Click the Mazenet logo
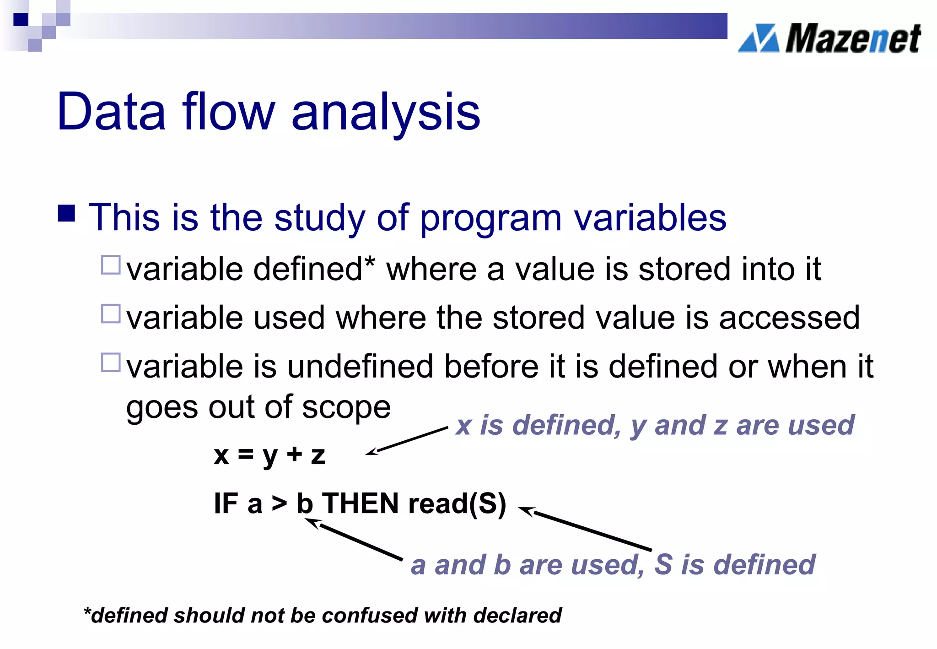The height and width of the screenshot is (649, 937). pos(829,38)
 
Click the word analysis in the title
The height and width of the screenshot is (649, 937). pos(385,112)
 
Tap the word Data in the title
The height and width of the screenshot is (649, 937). pos(111,112)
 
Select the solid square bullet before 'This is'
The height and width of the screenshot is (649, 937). pos(67,213)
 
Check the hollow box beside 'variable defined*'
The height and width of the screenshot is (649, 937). pos(110,265)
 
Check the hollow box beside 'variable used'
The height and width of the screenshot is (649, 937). pos(110,314)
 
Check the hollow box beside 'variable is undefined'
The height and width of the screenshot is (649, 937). pos(110,362)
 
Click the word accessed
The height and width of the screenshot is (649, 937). pos(789,318)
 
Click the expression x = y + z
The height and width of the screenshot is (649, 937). pos(269,455)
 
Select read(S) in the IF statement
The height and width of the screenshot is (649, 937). pos(457,503)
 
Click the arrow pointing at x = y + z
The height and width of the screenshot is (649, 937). pos(406,441)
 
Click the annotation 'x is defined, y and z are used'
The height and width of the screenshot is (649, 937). pos(654,425)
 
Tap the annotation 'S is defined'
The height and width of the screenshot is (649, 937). pos(735,564)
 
